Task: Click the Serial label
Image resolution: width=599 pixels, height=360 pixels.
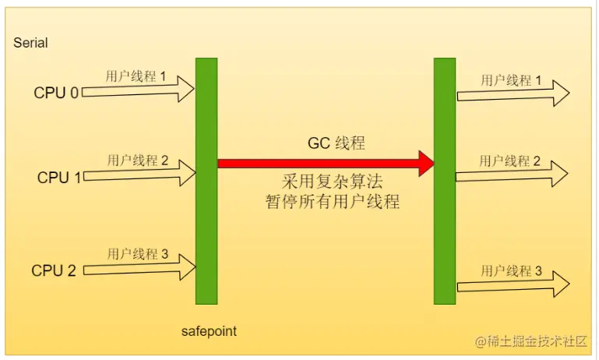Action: pyautogui.click(x=30, y=43)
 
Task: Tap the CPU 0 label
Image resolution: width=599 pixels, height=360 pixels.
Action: pyautogui.click(x=55, y=93)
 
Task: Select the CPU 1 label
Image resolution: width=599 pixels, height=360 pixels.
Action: pyautogui.click(x=58, y=178)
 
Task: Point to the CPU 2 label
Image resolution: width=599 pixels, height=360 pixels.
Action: pyautogui.click(x=54, y=270)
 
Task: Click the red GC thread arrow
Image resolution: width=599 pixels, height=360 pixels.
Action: pyautogui.click(x=324, y=164)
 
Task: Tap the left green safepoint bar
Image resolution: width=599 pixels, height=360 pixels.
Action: pyautogui.click(x=206, y=181)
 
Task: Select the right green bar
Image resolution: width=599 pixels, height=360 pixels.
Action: pyautogui.click(x=444, y=181)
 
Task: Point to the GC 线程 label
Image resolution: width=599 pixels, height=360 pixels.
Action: pyautogui.click(x=336, y=143)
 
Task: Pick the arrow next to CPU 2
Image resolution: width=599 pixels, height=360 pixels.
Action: pyautogui.click(x=139, y=269)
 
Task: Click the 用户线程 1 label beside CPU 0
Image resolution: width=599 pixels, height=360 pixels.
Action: pyautogui.click(x=136, y=76)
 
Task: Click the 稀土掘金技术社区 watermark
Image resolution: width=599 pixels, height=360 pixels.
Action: pyautogui.click(x=530, y=341)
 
